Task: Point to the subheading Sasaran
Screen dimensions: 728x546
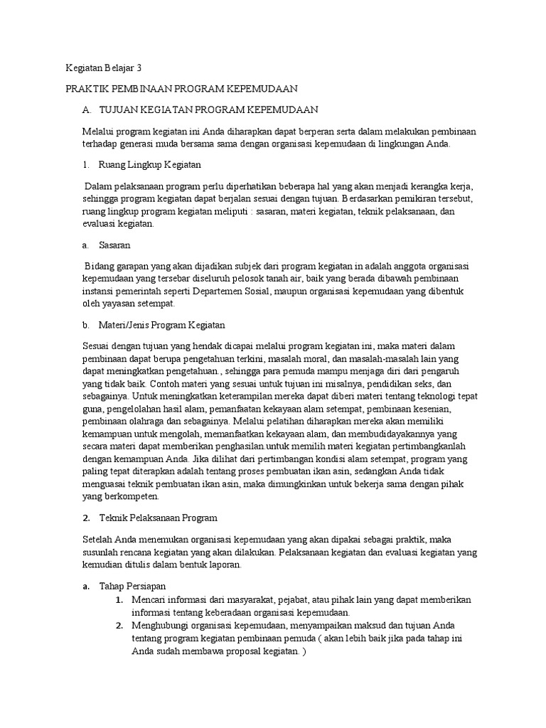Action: [x=117, y=245]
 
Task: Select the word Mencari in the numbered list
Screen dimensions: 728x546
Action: [x=150, y=600]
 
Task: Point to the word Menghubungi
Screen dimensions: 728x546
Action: [x=161, y=626]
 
